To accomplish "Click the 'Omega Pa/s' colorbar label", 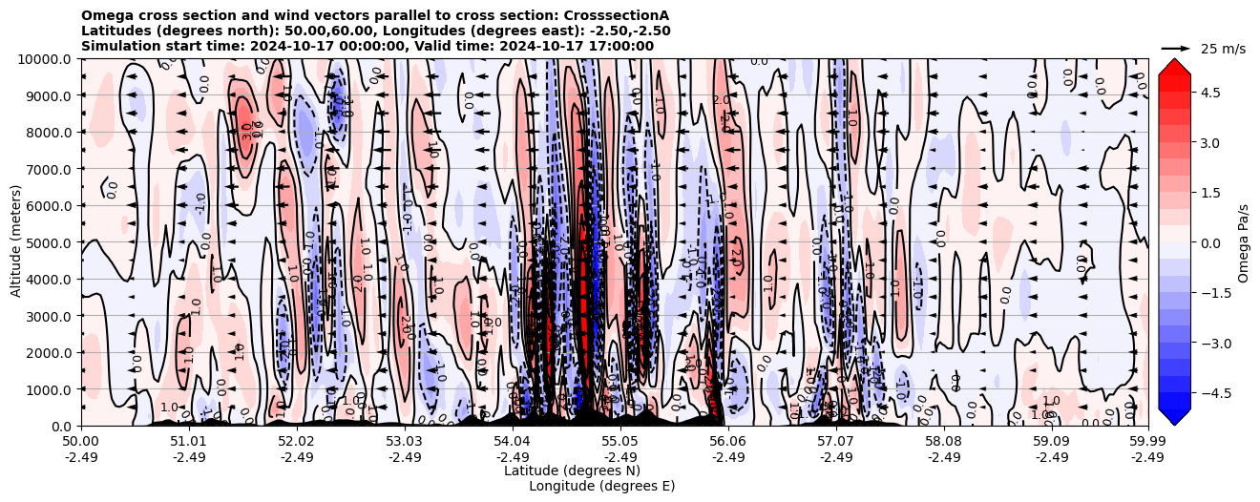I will pos(1243,242).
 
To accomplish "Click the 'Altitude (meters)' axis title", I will pos(16,242).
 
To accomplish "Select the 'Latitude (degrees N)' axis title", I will pos(572,471).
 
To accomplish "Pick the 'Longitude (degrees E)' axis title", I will pos(601,486).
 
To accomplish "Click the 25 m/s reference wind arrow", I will pos(1176,48).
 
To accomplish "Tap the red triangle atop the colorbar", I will pos(1174,66).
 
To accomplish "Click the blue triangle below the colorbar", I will pos(1174,417).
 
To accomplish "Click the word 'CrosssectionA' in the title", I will pos(619,15).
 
